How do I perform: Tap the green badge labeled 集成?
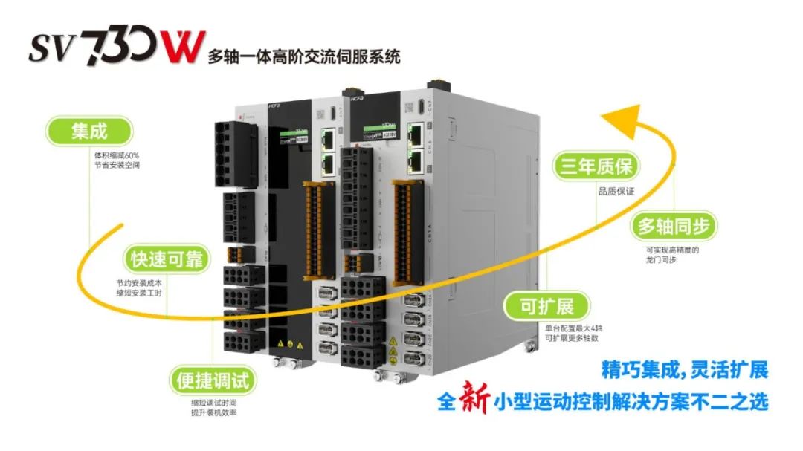pos(88,132)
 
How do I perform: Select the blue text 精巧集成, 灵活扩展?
pos(684,369)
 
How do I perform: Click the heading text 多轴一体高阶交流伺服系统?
pos(304,55)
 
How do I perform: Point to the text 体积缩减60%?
pos(116,155)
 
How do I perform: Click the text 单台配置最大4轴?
pos(571,328)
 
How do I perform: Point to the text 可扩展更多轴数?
pos(571,338)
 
